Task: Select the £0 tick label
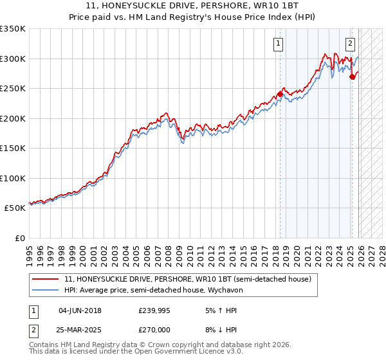[x=19, y=238]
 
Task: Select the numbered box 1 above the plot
[x=279, y=44]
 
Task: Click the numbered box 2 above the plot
[x=350, y=44]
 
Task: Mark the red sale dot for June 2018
[x=280, y=94]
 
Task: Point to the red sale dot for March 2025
[x=352, y=76]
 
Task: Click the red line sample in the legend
[x=45, y=279]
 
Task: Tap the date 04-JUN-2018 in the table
[x=80, y=310]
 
